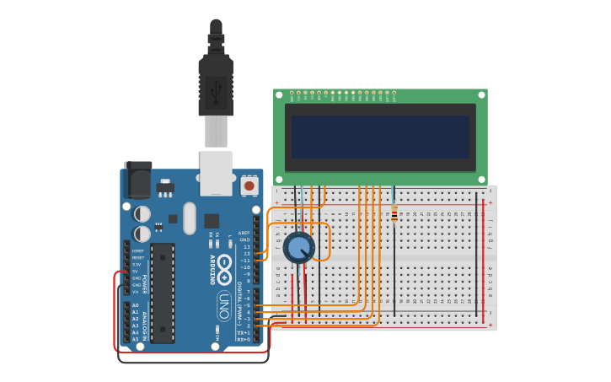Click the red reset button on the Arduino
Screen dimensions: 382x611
[x=249, y=185]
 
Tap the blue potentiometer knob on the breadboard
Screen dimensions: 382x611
[x=298, y=247]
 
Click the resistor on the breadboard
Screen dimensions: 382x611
[x=394, y=216]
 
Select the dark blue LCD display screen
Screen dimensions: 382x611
[x=380, y=137]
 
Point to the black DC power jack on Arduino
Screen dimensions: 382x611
[x=137, y=180]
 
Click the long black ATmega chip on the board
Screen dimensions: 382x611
[x=163, y=293]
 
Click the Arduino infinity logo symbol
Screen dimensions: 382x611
[x=224, y=269]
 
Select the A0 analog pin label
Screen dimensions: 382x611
[x=135, y=305]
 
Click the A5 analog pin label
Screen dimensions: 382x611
[x=135, y=339]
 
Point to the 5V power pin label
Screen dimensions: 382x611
[x=137, y=272]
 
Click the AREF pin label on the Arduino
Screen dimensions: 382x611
[x=244, y=233]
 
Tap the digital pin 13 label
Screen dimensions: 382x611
[x=246, y=246]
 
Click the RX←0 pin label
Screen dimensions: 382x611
[x=244, y=339]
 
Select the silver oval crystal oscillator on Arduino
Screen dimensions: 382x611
[x=190, y=218]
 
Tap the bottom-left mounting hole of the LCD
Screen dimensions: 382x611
[x=280, y=179]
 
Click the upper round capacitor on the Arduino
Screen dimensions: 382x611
[x=142, y=214]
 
